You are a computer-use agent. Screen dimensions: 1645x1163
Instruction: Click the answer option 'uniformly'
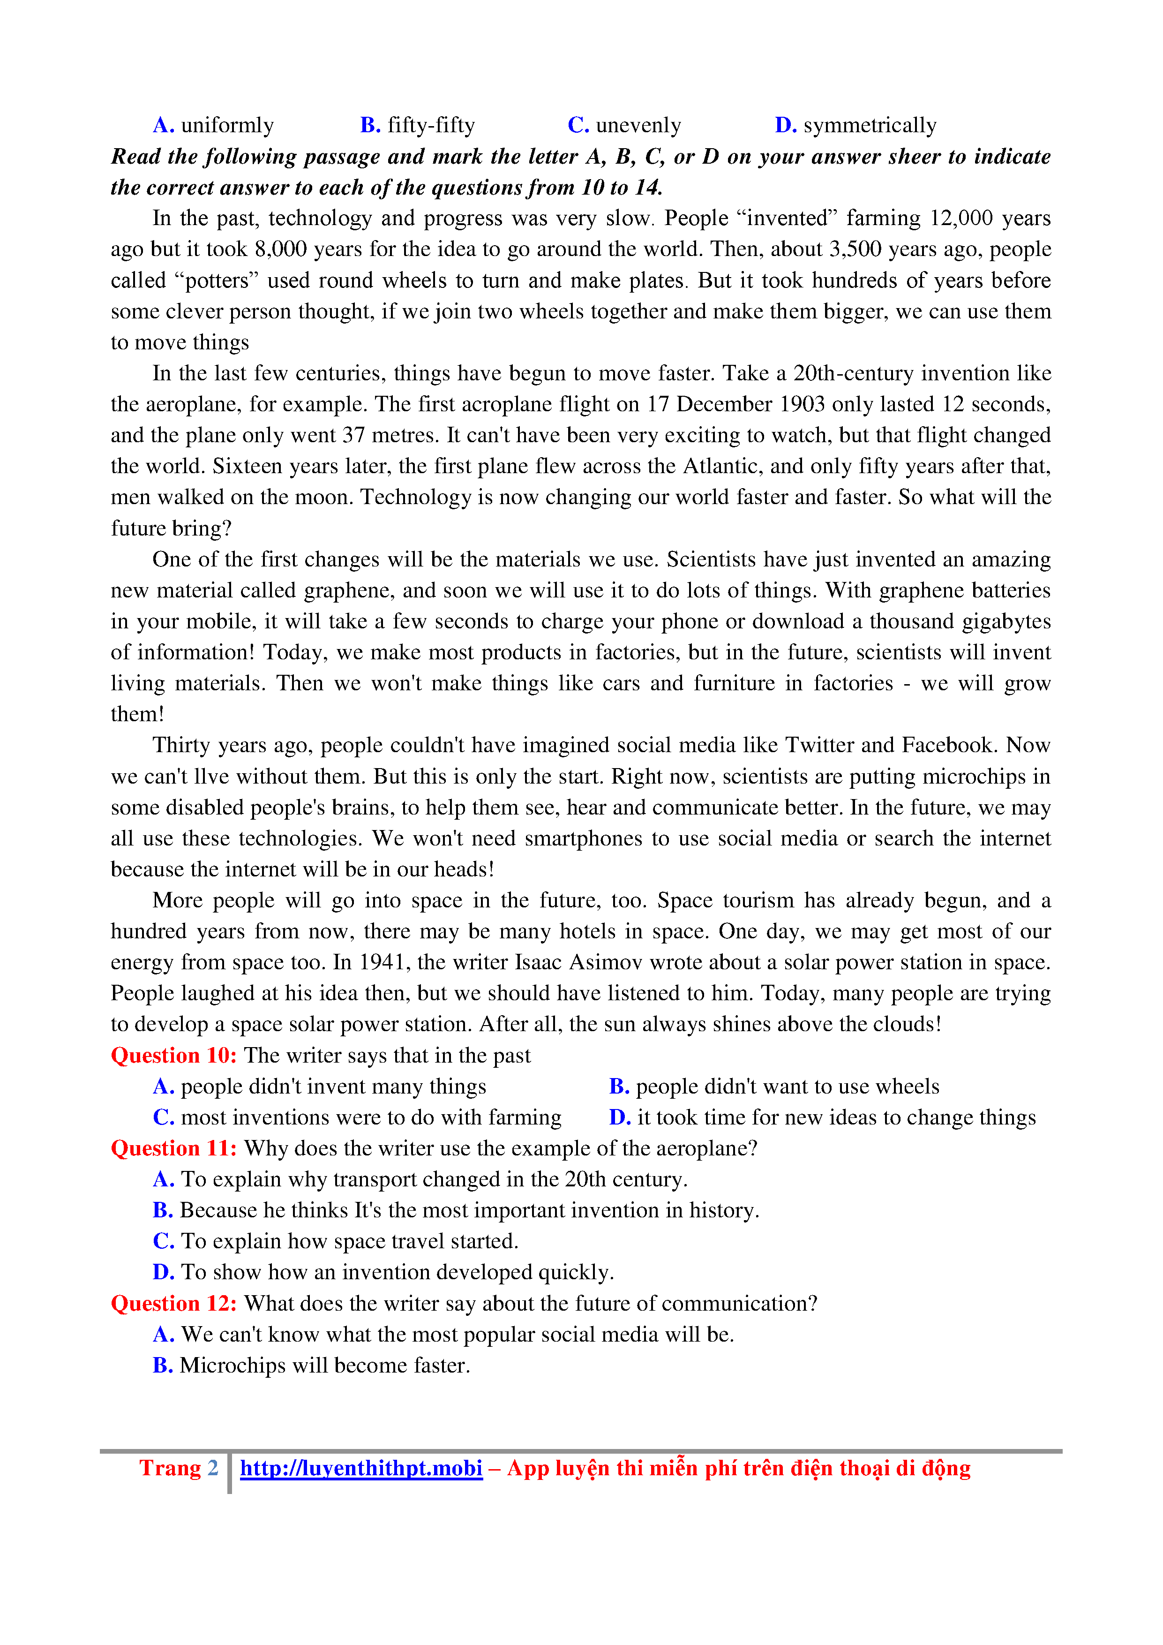(x=227, y=125)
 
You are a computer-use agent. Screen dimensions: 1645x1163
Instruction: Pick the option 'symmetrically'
(x=870, y=125)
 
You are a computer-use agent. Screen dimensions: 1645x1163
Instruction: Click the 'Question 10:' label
(x=174, y=1056)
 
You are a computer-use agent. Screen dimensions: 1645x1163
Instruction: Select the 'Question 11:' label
(x=174, y=1148)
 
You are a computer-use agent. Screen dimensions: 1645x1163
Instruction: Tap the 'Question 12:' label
(x=174, y=1303)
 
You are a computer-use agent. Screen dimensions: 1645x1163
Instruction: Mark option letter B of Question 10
(x=619, y=1087)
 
